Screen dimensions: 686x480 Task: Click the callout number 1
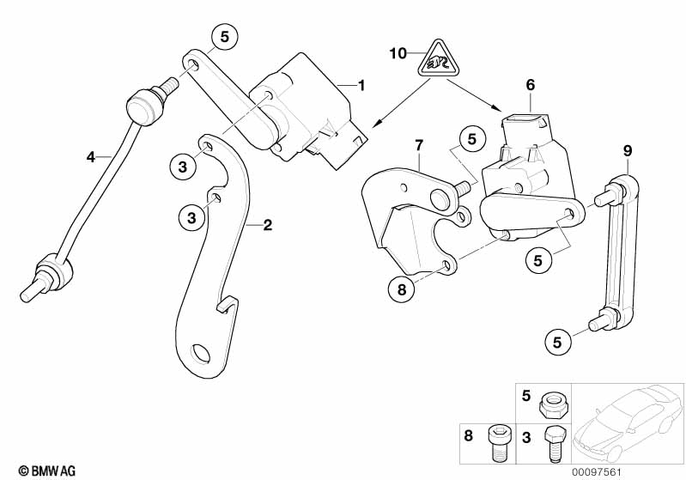[361, 85]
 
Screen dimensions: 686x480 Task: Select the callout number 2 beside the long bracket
[267, 225]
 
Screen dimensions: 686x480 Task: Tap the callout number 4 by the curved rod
[90, 156]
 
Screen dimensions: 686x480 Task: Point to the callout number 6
[531, 84]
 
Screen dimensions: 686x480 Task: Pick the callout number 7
[419, 145]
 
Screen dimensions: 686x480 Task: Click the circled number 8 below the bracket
[402, 289]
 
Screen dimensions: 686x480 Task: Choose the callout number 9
[628, 151]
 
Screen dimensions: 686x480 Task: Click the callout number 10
[398, 53]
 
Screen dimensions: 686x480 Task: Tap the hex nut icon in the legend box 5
[554, 405]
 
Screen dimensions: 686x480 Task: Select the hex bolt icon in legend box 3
[555, 443]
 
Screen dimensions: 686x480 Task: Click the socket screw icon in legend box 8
[498, 443]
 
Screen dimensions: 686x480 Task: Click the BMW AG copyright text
[47, 471]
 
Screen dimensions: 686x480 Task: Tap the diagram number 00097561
[598, 472]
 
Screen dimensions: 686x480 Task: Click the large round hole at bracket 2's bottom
[201, 354]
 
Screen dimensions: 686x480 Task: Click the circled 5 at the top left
[224, 37]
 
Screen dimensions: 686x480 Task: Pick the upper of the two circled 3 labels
[182, 167]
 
